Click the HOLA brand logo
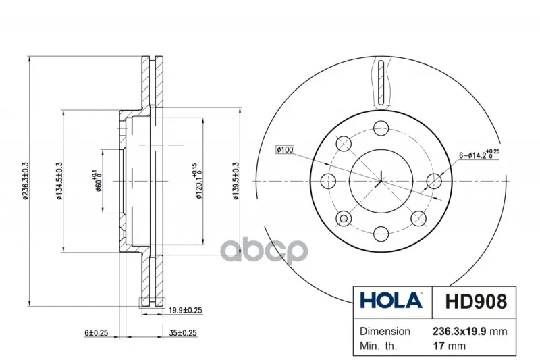click(391, 301)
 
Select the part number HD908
click(476, 301)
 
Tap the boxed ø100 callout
click(285, 149)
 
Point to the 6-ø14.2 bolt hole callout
click(479, 154)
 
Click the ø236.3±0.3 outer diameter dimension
click(25, 181)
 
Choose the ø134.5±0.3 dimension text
click(59, 181)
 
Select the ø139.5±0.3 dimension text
click(236, 181)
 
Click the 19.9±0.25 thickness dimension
click(185, 311)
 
